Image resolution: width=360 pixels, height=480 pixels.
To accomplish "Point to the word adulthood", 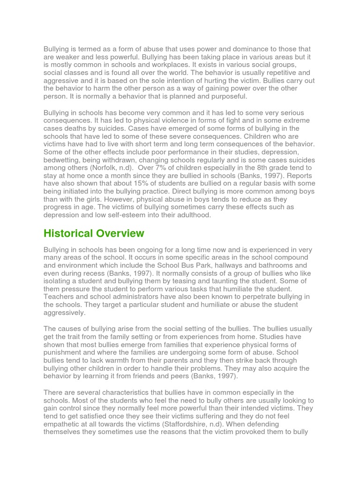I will point(191,215).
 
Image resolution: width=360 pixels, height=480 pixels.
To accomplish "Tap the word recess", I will point(95,273).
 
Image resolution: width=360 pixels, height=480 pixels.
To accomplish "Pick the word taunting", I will point(230,281).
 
